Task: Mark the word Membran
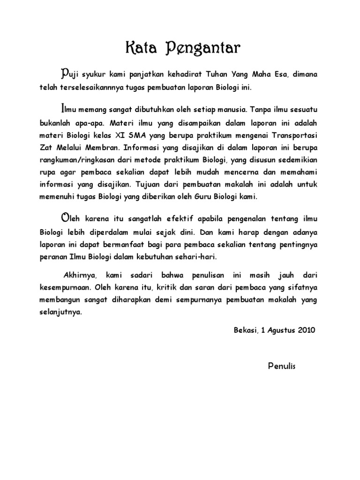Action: point(104,147)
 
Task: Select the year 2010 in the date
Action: point(307,330)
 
